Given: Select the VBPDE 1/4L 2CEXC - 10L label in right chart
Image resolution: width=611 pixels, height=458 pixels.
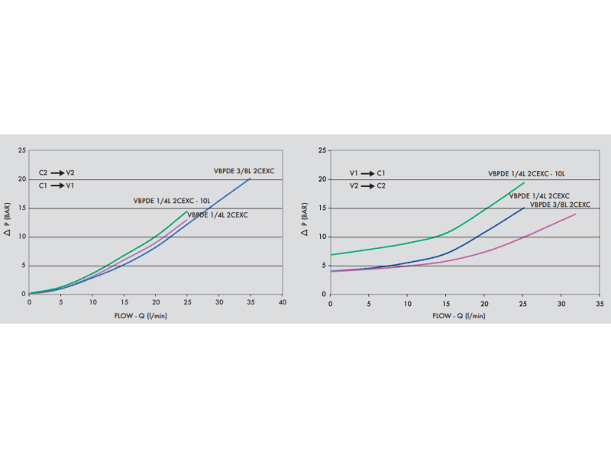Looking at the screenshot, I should (527, 174).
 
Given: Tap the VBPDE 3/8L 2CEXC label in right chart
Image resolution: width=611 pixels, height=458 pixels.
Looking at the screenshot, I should (560, 205).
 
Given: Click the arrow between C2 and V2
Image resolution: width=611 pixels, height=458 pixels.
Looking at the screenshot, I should (57, 173).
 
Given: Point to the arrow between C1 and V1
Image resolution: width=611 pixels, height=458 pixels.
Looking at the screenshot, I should (57, 185).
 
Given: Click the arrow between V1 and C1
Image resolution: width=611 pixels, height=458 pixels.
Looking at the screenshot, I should (368, 173).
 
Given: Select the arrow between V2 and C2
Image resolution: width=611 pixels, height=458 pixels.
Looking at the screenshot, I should (368, 185).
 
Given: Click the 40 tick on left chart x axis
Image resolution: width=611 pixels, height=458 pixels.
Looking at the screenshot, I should (282, 302).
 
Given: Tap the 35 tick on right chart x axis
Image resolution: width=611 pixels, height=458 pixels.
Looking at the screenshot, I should (599, 302).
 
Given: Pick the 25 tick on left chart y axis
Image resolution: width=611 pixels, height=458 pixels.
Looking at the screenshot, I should (23, 150).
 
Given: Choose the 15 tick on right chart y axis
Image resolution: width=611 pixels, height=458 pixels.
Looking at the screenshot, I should (323, 208).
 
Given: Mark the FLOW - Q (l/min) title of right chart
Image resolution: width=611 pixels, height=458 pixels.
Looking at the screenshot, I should (458, 314).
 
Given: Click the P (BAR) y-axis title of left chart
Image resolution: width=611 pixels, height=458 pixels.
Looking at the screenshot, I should (9, 221).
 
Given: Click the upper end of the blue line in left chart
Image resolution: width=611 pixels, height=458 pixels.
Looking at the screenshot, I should (250, 178).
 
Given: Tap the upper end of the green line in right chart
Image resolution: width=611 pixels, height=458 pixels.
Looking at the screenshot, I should (524, 182).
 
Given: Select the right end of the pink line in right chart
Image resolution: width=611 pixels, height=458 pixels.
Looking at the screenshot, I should (576, 214).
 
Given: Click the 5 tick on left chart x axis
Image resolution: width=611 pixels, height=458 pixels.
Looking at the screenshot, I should (61, 302).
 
